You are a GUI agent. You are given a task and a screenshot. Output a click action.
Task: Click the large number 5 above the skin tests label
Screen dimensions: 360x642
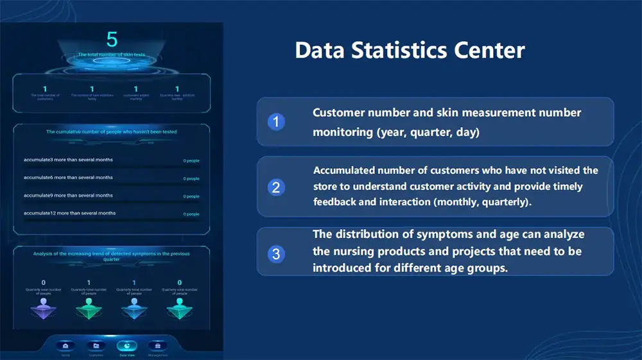point(112,40)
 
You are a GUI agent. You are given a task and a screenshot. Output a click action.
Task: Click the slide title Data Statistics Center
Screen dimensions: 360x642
point(410,50)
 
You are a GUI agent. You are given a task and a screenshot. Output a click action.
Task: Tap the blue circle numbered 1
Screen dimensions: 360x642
point(276,121)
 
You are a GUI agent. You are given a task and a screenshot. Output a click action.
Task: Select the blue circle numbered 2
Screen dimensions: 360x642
point(276,187)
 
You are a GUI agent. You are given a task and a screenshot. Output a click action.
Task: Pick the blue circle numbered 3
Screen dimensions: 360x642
point(276,253)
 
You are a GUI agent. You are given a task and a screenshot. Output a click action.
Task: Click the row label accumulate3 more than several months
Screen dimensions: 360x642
point(67,160)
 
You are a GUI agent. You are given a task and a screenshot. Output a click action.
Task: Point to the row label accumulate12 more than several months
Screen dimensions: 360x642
point(69,213)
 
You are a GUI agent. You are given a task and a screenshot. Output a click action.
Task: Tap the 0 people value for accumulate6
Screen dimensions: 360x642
point(191,178)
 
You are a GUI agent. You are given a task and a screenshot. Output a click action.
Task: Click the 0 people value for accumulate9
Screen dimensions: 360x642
point(191,196)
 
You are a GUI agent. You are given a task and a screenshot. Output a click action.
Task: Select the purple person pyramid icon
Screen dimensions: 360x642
point(44,311)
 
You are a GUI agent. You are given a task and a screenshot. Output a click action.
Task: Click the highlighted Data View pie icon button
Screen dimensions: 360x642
point(126,346)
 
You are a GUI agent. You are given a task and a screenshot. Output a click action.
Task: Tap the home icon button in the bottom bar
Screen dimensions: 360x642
point(65,346)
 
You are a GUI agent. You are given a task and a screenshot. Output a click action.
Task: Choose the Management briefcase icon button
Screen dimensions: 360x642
point(157,346)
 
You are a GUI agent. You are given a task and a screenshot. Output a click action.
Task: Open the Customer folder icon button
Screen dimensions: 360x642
point(96,346)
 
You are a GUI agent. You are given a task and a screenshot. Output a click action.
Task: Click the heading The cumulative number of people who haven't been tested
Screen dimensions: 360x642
point(112,132)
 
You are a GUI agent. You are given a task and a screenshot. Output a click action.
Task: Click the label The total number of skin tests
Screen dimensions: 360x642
point(112,55)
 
